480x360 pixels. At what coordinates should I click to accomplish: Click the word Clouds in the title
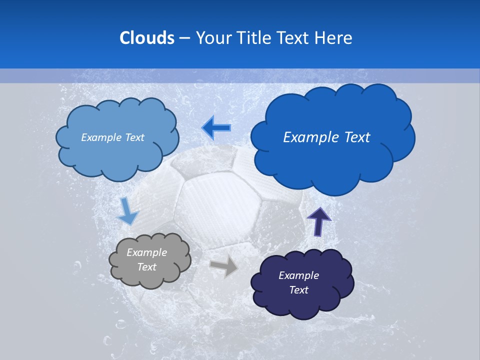[146, 37]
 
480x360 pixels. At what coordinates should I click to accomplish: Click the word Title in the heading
[253, 37]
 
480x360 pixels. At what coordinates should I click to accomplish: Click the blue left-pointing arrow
[216, 128]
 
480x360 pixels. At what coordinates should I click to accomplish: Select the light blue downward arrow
[127, 211]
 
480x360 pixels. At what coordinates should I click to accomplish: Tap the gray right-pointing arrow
[224, 266]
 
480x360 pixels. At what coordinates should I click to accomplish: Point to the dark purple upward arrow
[318, 221]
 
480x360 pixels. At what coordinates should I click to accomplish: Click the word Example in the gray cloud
[146, 252]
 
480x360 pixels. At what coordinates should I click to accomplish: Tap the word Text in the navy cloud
[298, 290]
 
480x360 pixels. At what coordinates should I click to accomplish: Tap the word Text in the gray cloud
[146, 267]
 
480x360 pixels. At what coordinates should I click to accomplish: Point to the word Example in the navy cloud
[298, 275]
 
